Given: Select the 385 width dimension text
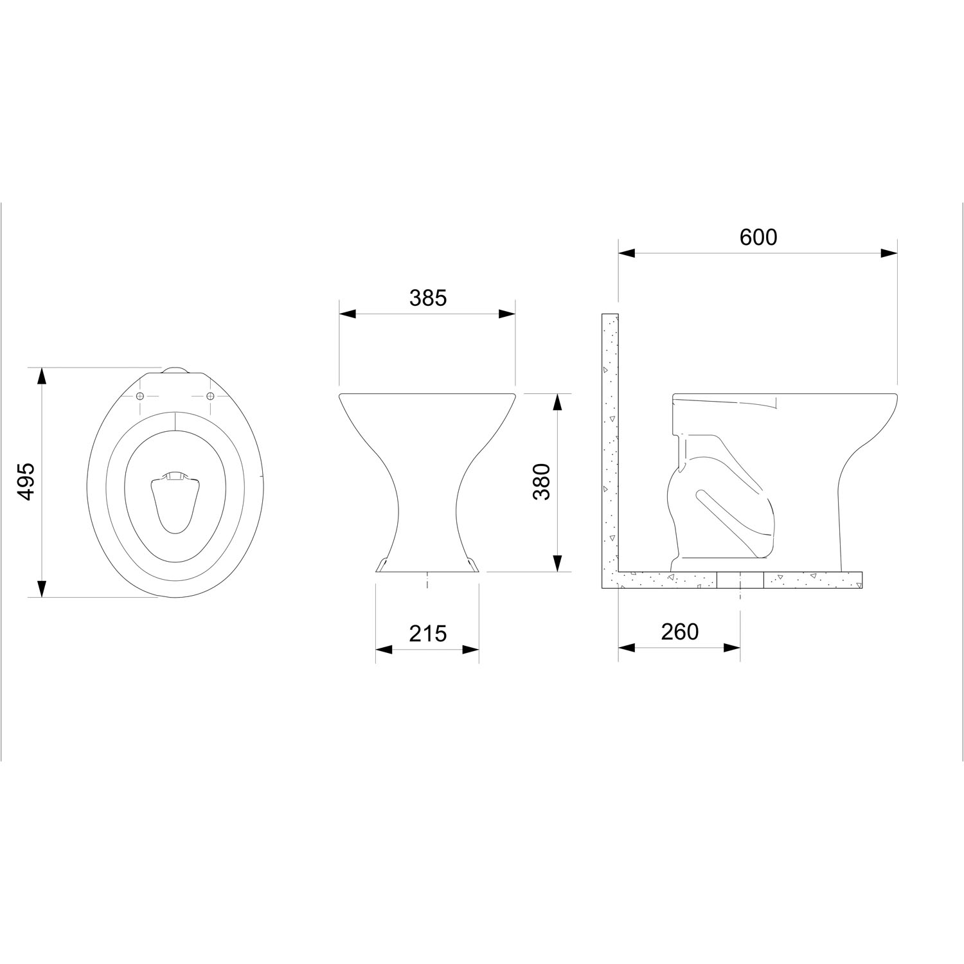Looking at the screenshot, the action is pos(427,298).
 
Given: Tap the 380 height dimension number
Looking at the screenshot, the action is pos(541,482).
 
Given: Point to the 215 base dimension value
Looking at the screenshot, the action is pos(427,634).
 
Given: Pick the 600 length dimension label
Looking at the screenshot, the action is pos(758,237).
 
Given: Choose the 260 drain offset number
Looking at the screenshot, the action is pos(679,632).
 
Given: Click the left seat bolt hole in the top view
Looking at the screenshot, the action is pos(141,395).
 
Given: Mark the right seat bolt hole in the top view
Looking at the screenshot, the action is pos(210,395).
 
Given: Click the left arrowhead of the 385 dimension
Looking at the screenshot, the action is pos(348,314).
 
